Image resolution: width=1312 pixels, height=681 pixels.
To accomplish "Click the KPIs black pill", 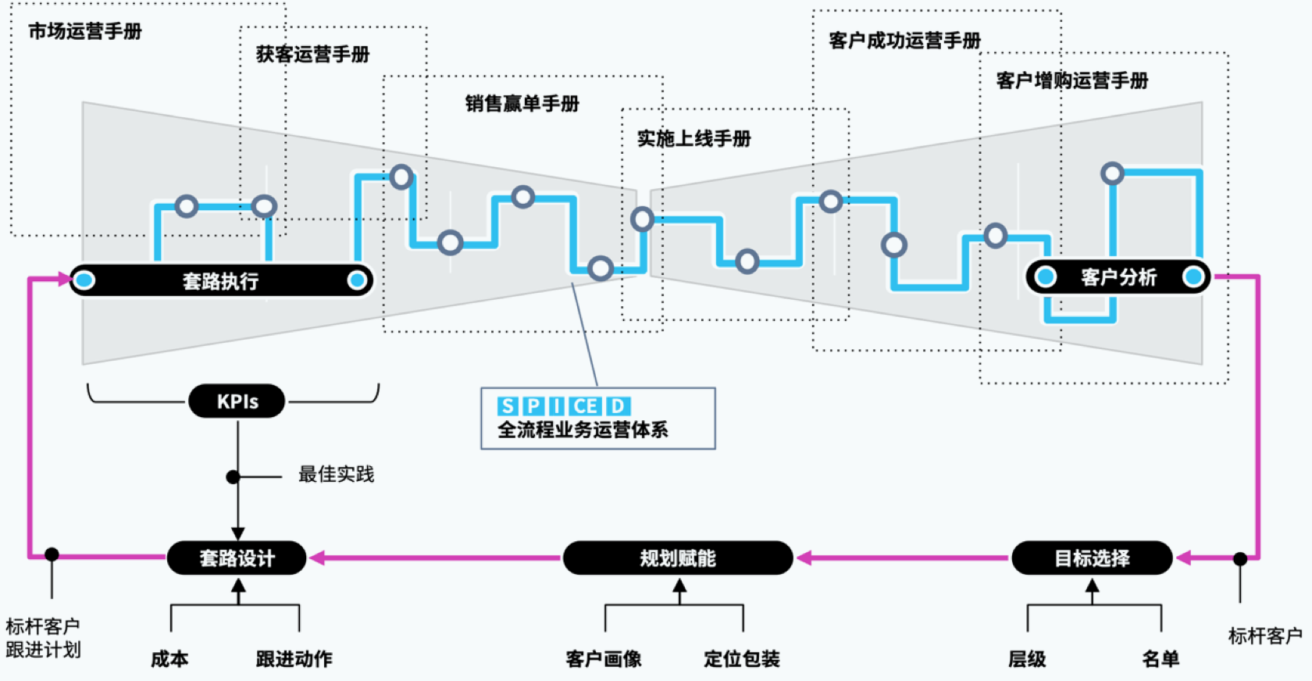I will (x=237, y=401).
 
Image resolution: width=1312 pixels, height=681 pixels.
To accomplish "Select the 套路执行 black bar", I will (x=220, y=280).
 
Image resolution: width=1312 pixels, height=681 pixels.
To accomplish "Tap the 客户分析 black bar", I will (x=1118, y=277).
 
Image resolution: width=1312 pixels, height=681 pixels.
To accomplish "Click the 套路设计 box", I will (x=237, y=558).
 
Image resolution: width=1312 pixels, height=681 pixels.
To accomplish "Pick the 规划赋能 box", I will (x=677, y=558).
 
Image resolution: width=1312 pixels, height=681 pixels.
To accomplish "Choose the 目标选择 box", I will (x=1092, y=558).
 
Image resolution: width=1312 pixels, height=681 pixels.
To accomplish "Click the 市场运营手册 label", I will (x=85, y=31).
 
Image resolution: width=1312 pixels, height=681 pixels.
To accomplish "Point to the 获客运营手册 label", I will (x=312, y=54).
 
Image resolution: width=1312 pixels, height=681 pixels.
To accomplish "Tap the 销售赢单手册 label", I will (x=522, y=103).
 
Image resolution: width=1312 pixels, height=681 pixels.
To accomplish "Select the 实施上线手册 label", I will (x=693, y=138).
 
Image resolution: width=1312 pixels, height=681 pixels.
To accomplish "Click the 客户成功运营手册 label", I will (x=904, y=41).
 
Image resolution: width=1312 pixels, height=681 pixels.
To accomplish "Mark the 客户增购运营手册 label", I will (x=1071, y=80).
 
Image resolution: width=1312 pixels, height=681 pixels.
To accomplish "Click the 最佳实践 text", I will (x=336, y=474).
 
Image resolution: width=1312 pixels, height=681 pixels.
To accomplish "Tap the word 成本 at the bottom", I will (x=169, y=659).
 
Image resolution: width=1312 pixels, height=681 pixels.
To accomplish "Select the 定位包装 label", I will (x=741, y=659).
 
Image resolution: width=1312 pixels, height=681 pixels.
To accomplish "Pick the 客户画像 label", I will (x=604, y=659).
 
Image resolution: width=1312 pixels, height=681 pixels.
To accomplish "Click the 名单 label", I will (x=1160, y=659).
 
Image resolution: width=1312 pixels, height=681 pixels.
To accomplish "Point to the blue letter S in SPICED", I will (x=508, y=406).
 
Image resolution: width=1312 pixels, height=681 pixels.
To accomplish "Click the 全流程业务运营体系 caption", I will (x=583, y=430).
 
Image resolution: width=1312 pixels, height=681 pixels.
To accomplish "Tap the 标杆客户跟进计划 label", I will (x=43, y=638).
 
